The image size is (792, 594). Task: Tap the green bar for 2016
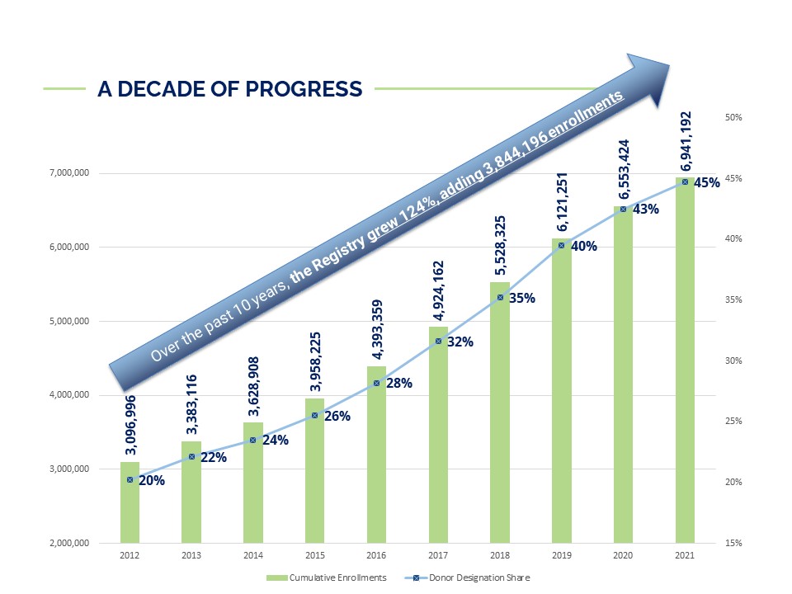pos(376,455)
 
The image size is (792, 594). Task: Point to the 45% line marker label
pos(707,182)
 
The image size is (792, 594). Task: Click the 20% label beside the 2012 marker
pos(151,480)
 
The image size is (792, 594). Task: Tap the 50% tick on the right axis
pos(734,118)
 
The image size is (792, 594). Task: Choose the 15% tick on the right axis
pos(734,543)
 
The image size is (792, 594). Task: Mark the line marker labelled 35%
pos(500,297)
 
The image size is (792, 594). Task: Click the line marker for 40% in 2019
pos(561,245)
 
